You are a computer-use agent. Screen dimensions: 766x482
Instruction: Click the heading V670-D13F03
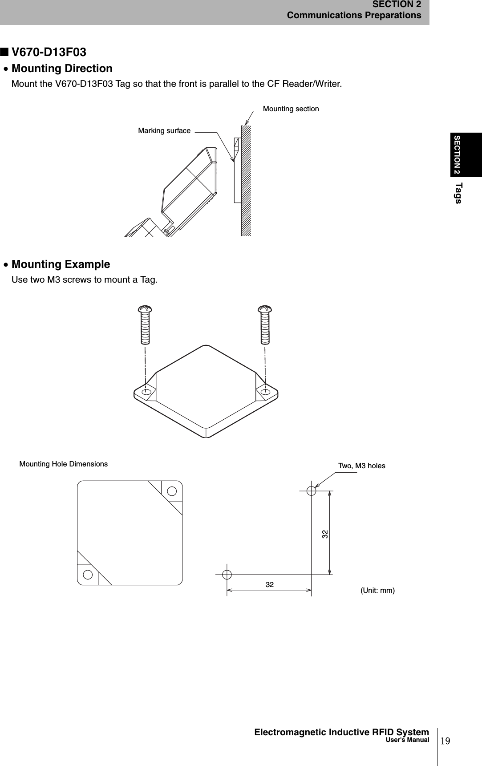pyautogui.click(x=49, y=53)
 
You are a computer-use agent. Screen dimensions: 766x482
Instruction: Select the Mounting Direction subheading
pyautogui.click(x=62, y=69)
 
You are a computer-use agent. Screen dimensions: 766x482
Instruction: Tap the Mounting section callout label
pyautogui.click(x=291, y=109)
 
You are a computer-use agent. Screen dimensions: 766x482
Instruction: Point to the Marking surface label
pyautogui.click(x=164, y=131)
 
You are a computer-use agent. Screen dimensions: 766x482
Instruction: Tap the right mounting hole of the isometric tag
pyautogui.click(x=266, y=392)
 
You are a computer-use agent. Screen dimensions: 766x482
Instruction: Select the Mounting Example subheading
pyautogui.click(x=61, y=264)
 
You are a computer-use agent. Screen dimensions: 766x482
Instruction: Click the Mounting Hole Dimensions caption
pyautogui.click(x=64, y=464)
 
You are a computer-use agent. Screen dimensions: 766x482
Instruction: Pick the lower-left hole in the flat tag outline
pyautogui.click(x=88, y=574)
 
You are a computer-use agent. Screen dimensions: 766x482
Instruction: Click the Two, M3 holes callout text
pyautogui.click(x=361, y=466)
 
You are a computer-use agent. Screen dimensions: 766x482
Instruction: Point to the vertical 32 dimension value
pyautogui.click(x=325, y=533)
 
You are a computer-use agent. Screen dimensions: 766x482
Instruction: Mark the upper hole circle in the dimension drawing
pyautogui.click(x=311, y=491)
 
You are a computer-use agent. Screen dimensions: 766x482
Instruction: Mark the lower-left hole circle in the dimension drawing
pyautogui.click(x=227, y=574)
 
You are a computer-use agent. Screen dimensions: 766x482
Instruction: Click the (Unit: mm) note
pyautogui.click(x=377, y=591)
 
